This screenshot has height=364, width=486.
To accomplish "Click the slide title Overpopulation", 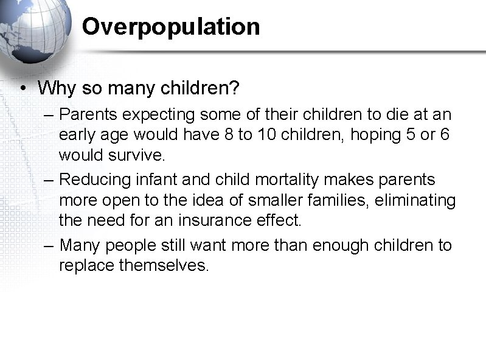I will [x=171, y=27].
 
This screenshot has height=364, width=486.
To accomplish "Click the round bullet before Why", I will [x=21, y=89].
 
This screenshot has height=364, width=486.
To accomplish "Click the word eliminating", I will [x=418, y=200].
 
